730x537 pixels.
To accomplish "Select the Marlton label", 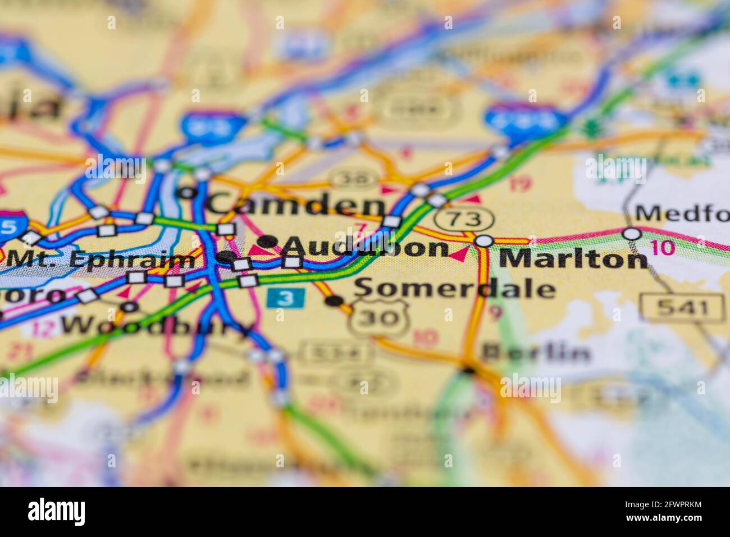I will coord(573,258).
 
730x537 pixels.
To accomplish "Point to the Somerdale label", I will coord(455,289).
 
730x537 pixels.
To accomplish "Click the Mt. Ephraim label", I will coord(101,260).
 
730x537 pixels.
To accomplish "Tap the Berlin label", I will coord(536,352).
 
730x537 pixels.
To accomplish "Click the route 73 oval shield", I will coord(467,219).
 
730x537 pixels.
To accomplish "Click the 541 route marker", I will coord(683,307).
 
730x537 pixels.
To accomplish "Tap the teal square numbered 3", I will coord(286,298).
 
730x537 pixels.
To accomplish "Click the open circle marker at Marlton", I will coord(484,241).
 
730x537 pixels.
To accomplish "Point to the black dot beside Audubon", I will coord(268,242).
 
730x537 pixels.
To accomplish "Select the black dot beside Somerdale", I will coord(334,301).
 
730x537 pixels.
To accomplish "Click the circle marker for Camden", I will coord(188,193).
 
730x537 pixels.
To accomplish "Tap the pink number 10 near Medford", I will coord(664,248).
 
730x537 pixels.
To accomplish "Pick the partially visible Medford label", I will coord(682,213).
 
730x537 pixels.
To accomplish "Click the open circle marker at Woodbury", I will coord(130,307).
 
